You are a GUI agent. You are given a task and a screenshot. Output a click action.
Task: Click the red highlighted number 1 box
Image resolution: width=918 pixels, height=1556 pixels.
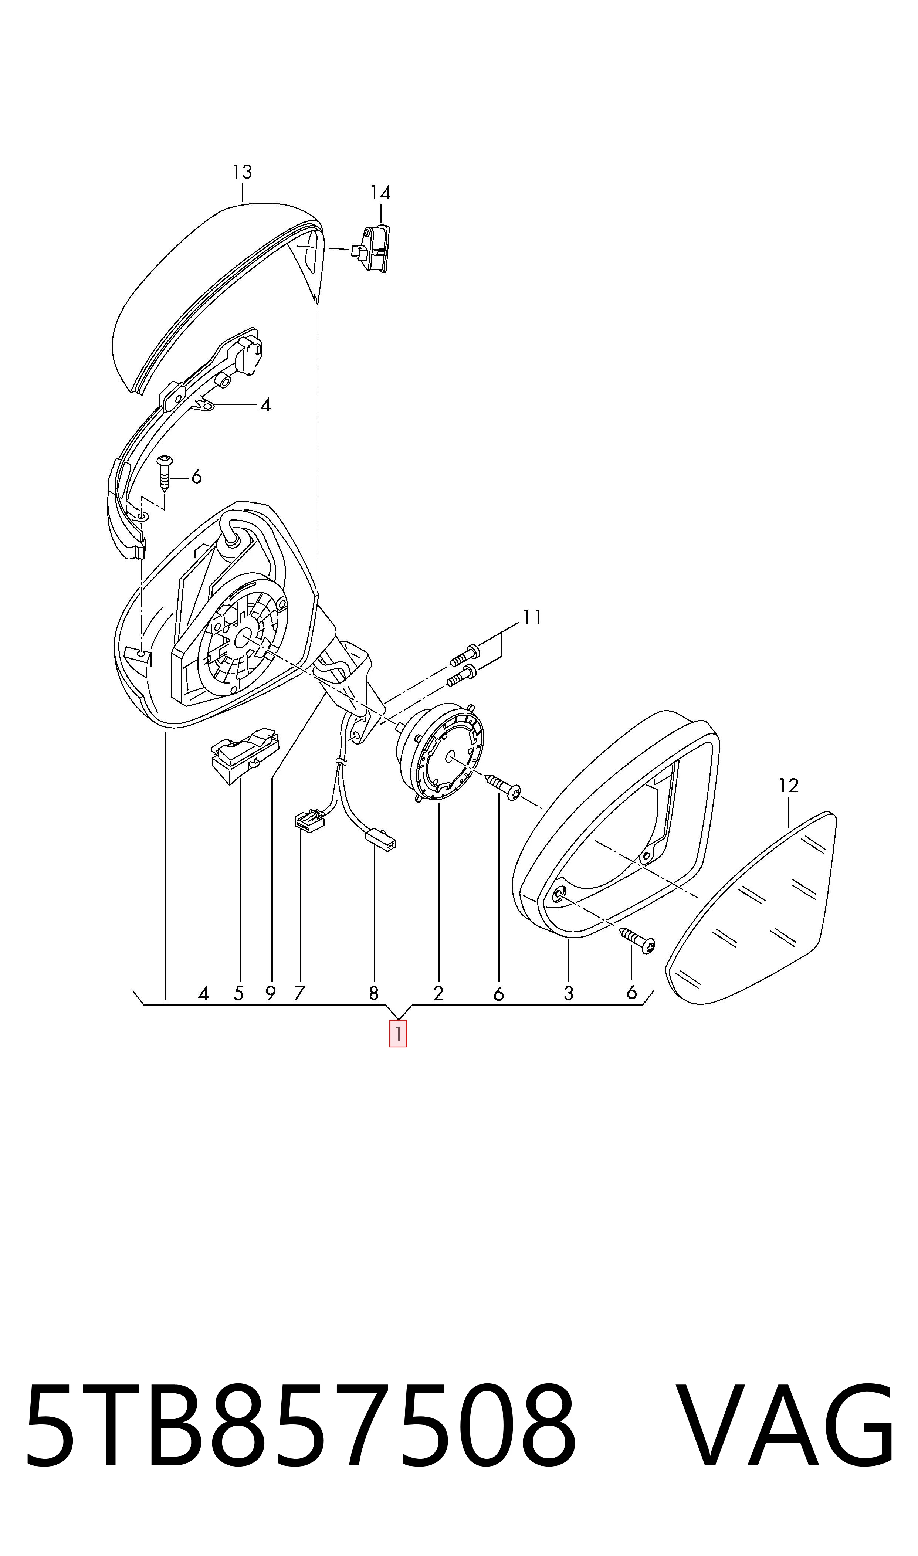point(398,1033)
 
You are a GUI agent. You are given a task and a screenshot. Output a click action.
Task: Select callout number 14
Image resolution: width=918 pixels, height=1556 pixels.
point(380,193)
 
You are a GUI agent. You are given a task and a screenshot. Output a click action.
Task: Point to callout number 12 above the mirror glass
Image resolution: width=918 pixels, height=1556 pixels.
point(789,786)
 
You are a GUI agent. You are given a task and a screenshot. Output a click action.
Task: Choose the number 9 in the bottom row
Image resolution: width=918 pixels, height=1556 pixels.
point(270,993)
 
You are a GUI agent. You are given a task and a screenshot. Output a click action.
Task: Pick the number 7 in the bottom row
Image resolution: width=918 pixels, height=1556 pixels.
point(299,993)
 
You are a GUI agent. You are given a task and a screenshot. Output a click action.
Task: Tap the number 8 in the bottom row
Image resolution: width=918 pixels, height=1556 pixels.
point(374,993)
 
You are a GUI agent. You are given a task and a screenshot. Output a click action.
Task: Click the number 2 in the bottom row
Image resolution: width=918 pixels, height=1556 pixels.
point(438,993)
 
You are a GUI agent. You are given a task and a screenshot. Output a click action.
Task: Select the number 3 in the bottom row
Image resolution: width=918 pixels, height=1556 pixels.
point(569,993)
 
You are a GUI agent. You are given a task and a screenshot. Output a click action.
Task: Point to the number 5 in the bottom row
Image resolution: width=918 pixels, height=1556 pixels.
point(239,993)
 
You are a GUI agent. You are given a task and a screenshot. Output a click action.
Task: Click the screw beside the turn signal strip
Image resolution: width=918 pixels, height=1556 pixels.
point(165,473)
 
